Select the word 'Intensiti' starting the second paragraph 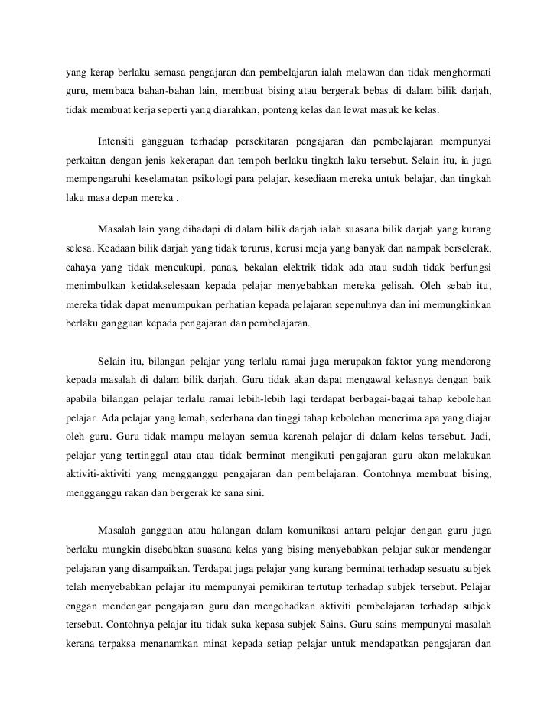(121, 141)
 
